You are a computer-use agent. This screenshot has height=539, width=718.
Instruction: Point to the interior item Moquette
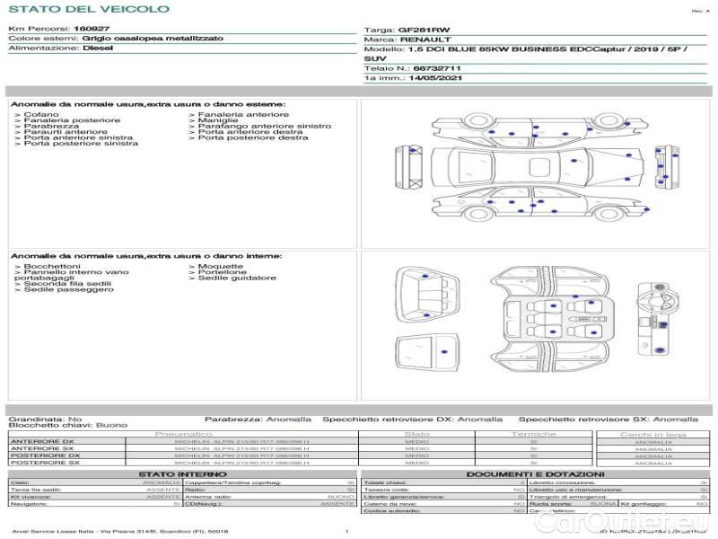click(x=220, y=267)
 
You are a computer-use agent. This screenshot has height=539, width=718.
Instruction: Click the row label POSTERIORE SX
click(x=45, y=464)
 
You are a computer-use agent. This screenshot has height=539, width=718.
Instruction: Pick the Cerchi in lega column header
click(x=652, y=434)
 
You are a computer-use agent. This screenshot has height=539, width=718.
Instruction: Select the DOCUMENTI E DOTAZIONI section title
click(x=535, y=474)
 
